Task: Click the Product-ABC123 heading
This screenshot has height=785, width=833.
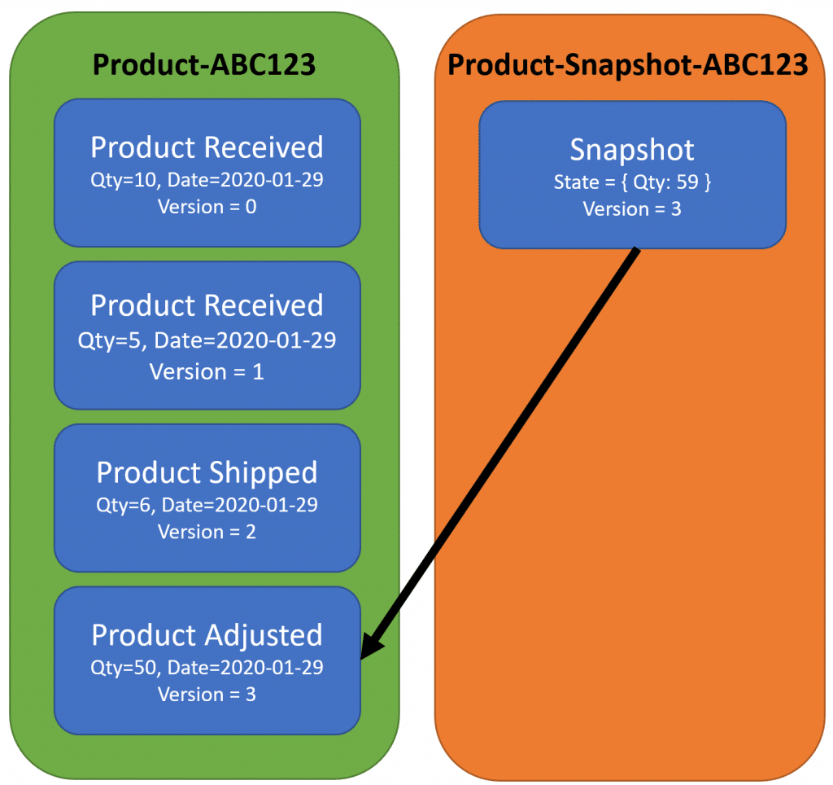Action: point(203,64)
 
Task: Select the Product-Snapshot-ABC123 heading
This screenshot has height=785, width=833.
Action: point(628,64)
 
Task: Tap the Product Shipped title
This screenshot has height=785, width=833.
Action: point(207,472)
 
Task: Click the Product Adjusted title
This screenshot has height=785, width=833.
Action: point(207,635)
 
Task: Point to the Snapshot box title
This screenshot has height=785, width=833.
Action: point(632,150)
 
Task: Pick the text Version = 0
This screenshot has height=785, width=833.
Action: point(207,207)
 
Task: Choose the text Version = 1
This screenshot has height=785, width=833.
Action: point(207,371)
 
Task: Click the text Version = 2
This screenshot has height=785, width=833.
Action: point(207,532)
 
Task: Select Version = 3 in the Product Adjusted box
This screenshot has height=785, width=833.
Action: point(207,695)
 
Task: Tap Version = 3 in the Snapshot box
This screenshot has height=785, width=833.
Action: point(632,208)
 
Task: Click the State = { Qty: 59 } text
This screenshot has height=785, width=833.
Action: point(632,182)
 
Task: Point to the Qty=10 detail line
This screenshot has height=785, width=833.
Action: point(207,180)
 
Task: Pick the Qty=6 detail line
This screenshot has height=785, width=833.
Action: point(207,505)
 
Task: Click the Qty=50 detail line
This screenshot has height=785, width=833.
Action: point(207,668)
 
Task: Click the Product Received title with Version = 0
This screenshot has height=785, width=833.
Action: point(207,147)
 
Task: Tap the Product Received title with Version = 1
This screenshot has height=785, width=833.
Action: point(207,305)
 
